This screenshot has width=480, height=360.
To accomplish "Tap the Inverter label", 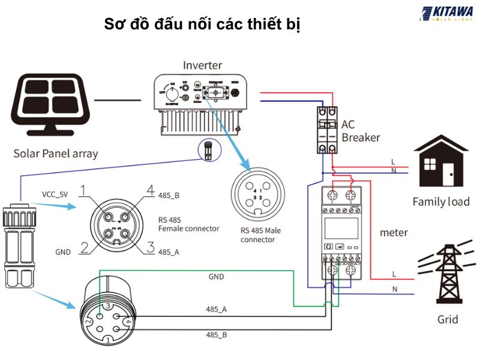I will (x=202, y=65).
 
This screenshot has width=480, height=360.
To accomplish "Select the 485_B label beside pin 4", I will (x=169, y=195).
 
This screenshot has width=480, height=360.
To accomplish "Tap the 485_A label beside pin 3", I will (x=169, y=252).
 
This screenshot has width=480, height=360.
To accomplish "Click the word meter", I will (x=394, y=232).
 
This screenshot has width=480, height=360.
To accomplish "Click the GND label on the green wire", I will (x=216, y=277).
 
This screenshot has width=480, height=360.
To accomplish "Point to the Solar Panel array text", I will (x=55, y=154).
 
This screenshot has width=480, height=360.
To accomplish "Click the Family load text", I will (x=440, y=202).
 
